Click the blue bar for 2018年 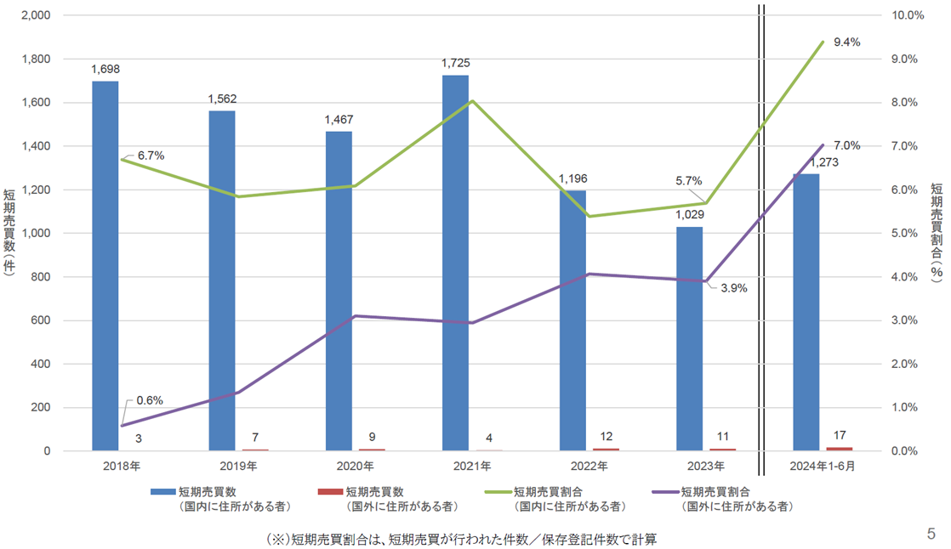(x=105, y=266)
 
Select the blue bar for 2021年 (x=455, y=263)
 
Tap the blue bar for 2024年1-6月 (x=806, y=312)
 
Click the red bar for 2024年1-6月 (x=839, y=448)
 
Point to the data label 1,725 (x=455, y=63)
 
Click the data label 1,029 (x=689, y=215)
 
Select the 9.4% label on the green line (x=847, y=41)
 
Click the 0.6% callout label (x=150, y=400)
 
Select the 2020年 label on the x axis (x=355, y=467)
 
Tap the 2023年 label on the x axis (x=705, y=467)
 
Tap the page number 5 (x=931, y=534)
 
